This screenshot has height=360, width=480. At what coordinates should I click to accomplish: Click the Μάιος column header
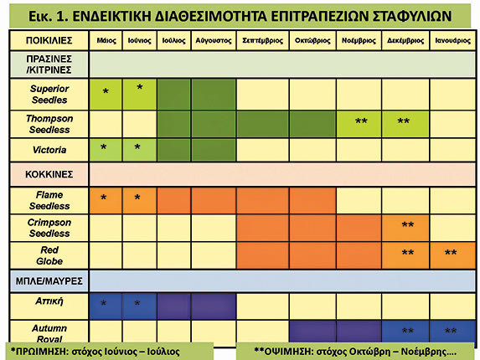(x=106, y=40)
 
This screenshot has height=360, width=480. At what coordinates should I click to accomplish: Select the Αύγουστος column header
(x=214, y=40)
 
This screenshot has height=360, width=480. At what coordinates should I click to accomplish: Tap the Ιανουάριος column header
(x=452, y=40)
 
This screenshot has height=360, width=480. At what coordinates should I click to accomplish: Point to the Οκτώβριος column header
(x=312, y=40)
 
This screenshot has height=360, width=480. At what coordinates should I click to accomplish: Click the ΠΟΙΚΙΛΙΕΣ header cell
(x=49, y=40)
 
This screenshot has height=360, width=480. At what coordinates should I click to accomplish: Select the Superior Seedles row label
(x=49, y=95)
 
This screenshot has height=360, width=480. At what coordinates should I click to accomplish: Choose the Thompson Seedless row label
(x=49, y=124)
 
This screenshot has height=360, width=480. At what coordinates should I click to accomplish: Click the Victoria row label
(x=49, y=150)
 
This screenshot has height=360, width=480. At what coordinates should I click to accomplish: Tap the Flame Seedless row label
(x=49, y=200)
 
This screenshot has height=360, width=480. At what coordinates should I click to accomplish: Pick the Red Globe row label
(x=49, y=255)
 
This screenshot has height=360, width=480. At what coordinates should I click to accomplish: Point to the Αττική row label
(x=49, y=301)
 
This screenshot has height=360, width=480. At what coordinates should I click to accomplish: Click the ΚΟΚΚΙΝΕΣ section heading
(x=49, y=174)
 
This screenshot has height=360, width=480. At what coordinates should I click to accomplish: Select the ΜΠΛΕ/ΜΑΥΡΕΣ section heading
(x=49, y=280)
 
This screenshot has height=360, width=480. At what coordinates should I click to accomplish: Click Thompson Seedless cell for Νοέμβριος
(x=359, y=124)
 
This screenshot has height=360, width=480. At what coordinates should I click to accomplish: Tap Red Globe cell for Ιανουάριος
(x=452, y=255)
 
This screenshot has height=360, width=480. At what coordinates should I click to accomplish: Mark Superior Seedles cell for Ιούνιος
(x=140, y=95)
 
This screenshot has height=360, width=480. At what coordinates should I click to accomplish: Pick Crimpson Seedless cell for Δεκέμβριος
(x=405, y=228)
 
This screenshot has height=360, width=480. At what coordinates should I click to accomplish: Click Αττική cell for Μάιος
(x=106, y=306)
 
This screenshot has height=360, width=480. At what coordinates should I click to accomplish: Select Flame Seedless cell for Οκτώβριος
(x=312, y=200)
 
